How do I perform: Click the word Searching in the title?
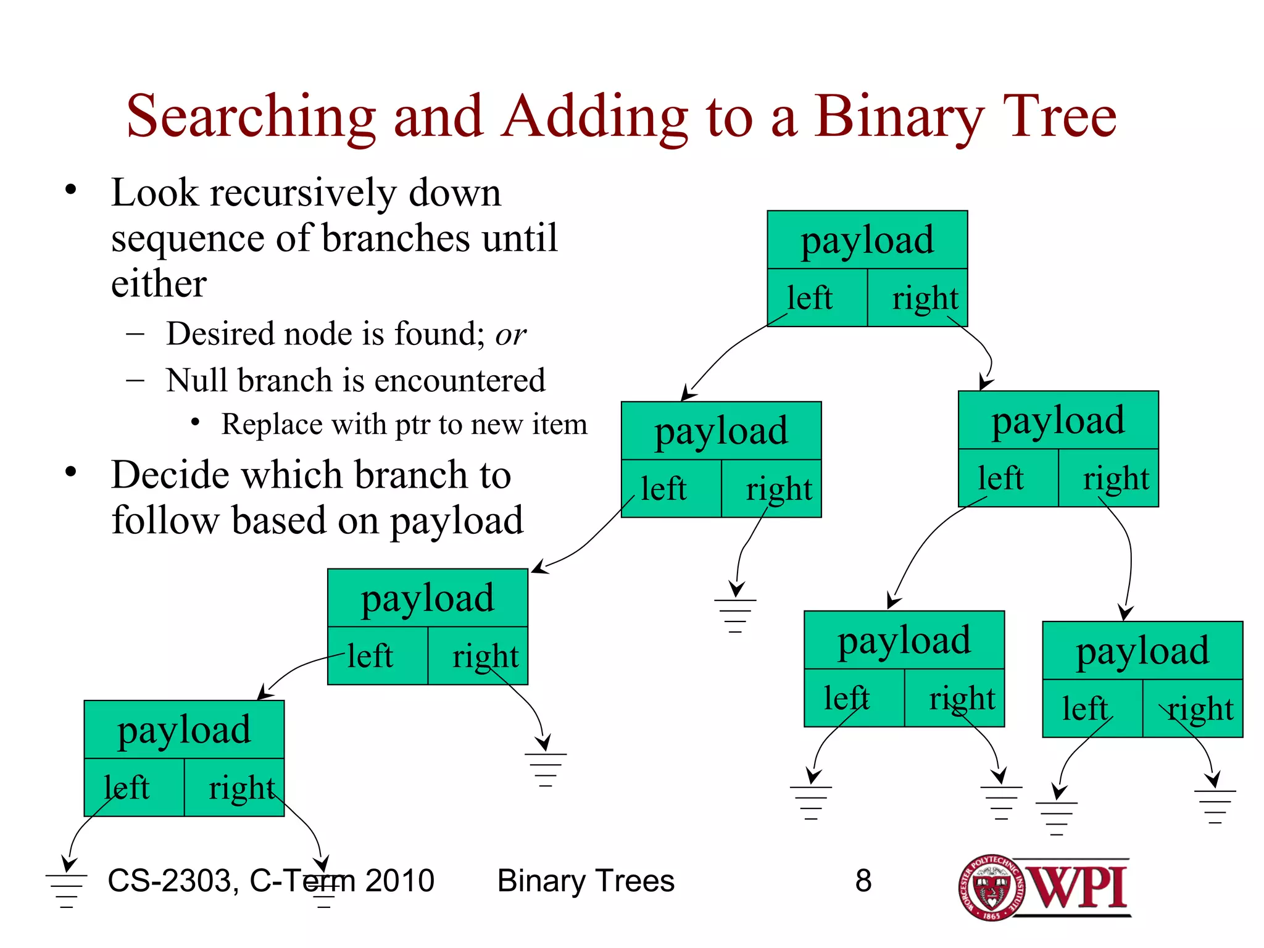click(x=251, y=117)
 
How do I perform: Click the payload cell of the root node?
click(x=867, y=240)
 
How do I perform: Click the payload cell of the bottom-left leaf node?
click(x=184, y=730)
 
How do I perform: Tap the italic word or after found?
click(x=510, y=335)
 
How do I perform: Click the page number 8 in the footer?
click(x=863, y=881)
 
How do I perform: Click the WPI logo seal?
click(x=991, y=888)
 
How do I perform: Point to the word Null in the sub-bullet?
click(x=196, y=380)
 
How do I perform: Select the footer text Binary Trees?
click(x=586, y=881)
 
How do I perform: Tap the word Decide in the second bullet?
click(x=170, y=475)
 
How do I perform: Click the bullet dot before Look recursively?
click(x=70, y=189)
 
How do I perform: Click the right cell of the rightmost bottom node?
click(x=1192, y=709)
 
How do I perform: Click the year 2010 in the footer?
click(x=400, y=881)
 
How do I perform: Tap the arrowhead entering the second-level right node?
click(x=985, y=383)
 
